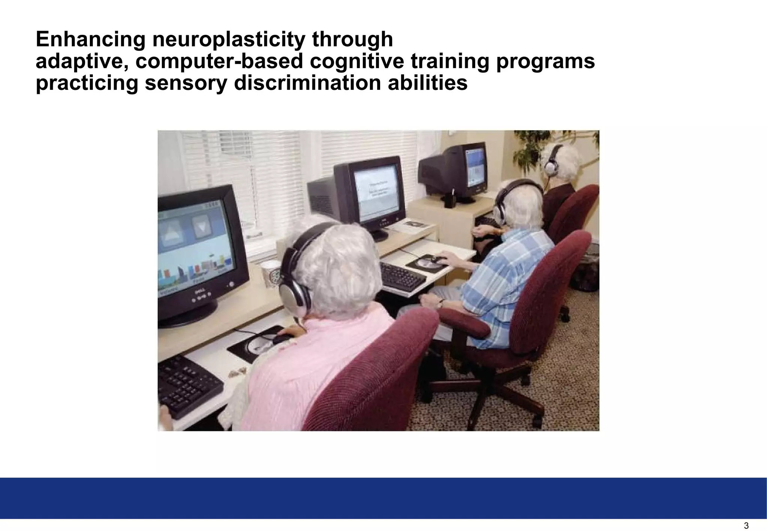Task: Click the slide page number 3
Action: (x=746, y=526)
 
